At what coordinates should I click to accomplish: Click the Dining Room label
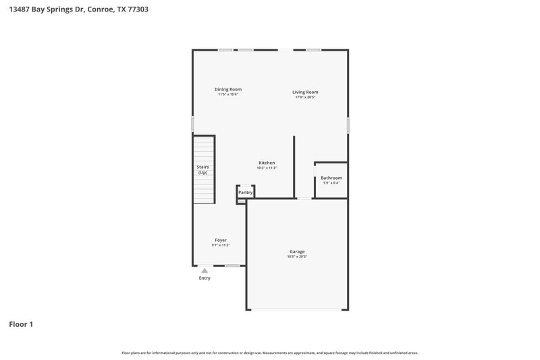pos(228,89)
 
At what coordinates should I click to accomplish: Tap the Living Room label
pos(305,92)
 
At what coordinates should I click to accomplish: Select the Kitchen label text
pos(267,163)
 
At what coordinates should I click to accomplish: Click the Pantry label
pos(245,192)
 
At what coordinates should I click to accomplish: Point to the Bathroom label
pos(331,178)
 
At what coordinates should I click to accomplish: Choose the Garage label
pos(297,252)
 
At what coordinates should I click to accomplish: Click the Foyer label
pos(221,240)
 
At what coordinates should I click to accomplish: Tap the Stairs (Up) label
pos(202,170)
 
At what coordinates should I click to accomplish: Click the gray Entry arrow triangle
pos(205,271)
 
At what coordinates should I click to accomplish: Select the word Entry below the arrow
pos(205,278)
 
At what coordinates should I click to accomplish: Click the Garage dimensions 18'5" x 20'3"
pos(297,257)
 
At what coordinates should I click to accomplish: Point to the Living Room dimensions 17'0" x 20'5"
pos(305,97)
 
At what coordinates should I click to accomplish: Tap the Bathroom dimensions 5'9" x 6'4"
pos(331,182)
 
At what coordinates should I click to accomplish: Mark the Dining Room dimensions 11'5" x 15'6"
pos(228,95)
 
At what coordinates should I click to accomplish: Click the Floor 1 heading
pos(21,324)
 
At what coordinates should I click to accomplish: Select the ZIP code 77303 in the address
pos(138,9)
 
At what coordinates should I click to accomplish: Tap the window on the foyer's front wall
pos(232,265)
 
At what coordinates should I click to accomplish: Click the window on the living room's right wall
pos(348,125)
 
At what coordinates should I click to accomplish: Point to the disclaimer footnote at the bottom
pos(270,353)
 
